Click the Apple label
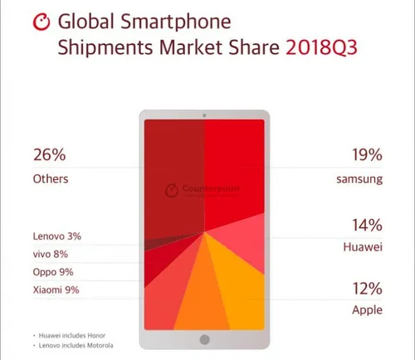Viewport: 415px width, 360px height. (369, 310)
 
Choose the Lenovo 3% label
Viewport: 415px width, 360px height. (57, 236)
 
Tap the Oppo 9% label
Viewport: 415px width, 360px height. (53, 272)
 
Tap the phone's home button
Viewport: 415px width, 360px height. (205, 338)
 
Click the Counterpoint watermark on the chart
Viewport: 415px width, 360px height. (199, 188)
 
